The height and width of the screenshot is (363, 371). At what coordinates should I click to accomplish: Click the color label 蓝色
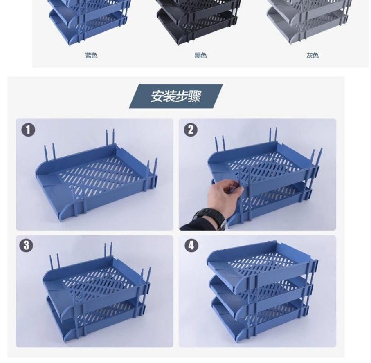(x=91, y=56)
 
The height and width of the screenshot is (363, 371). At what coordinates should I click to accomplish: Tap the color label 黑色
(x=201, y=56)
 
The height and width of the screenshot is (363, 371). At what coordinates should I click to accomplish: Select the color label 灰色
(x=313, y=56)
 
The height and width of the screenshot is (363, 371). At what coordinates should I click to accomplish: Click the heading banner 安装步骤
(x=176, y=96)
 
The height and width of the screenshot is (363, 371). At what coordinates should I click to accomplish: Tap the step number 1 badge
(x=28, y=130)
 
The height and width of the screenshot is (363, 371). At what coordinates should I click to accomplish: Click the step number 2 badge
(x=191, y=130)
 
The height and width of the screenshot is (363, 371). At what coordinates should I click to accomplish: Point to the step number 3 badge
(x=26, y=245)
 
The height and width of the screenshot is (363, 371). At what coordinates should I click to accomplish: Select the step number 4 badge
(x=191, y=245)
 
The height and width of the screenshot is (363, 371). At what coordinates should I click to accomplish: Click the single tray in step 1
(x=96, y=180)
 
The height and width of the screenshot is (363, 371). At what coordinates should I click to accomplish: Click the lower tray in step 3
(x=94, y=317)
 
